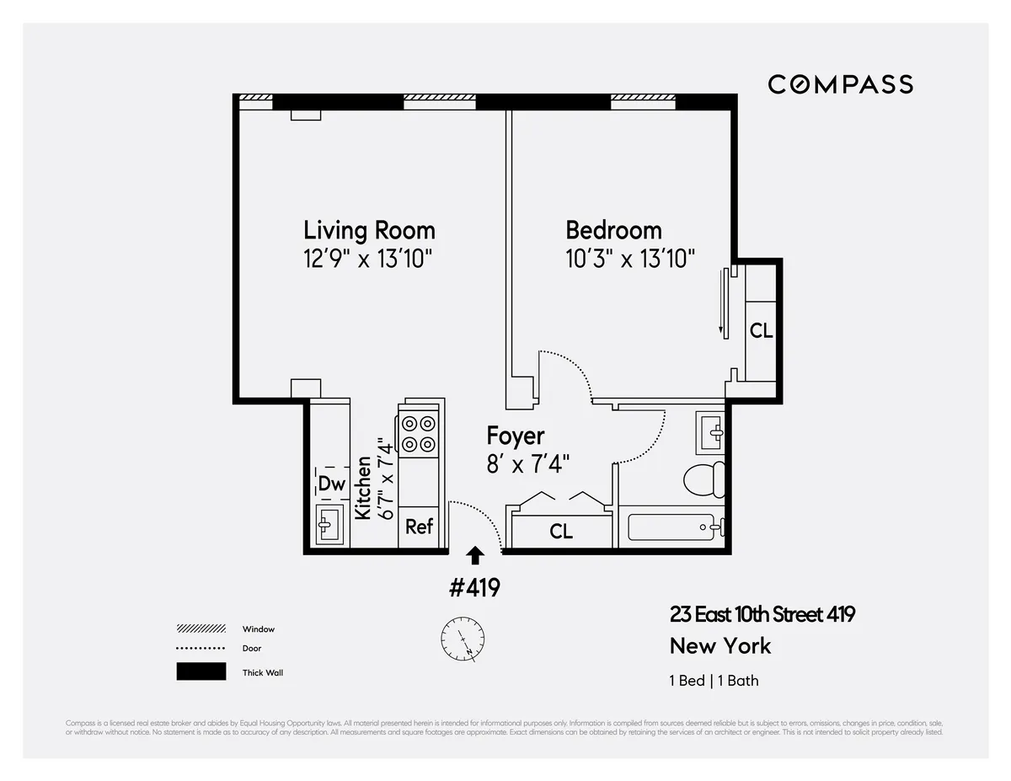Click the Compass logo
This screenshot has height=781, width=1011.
pyautogui.click(x=840, y=84)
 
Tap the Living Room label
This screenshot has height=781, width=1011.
pyautogui.click(x=369, y=230)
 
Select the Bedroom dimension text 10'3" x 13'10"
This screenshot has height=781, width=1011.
pyautogui.click(x=630, y=258)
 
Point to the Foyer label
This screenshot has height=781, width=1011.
pyautogui.click(x=516, y=436)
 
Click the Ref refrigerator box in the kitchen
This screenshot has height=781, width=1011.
pyautogui.click(x=419, y=527)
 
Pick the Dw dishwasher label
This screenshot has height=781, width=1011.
pyautogui.click(x=331, y=484)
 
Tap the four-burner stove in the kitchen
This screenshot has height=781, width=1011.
pyautogui.click(x=419, y=434)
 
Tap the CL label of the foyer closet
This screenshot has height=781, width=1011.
pyautogui.click(x=561, y=532)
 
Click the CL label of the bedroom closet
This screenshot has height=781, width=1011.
pyautogui.click(x=761, y=331)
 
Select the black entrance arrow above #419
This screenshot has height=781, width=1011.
pyautogui.click(x=476, y=555)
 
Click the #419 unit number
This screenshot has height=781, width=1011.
pyautogui.click(x=474, y=587)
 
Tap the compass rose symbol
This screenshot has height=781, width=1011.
pyautogui.click(x=463, y=639)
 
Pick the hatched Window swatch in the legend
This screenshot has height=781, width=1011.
pyautogui.click(x=201, y=629)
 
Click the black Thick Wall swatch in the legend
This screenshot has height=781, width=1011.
pyautogui.click(x=201, y=671)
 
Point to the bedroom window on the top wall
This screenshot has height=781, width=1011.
pyautogui.click(x=643, y=102)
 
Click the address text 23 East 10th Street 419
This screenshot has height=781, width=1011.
pyautogui.click(x=762, y=614)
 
